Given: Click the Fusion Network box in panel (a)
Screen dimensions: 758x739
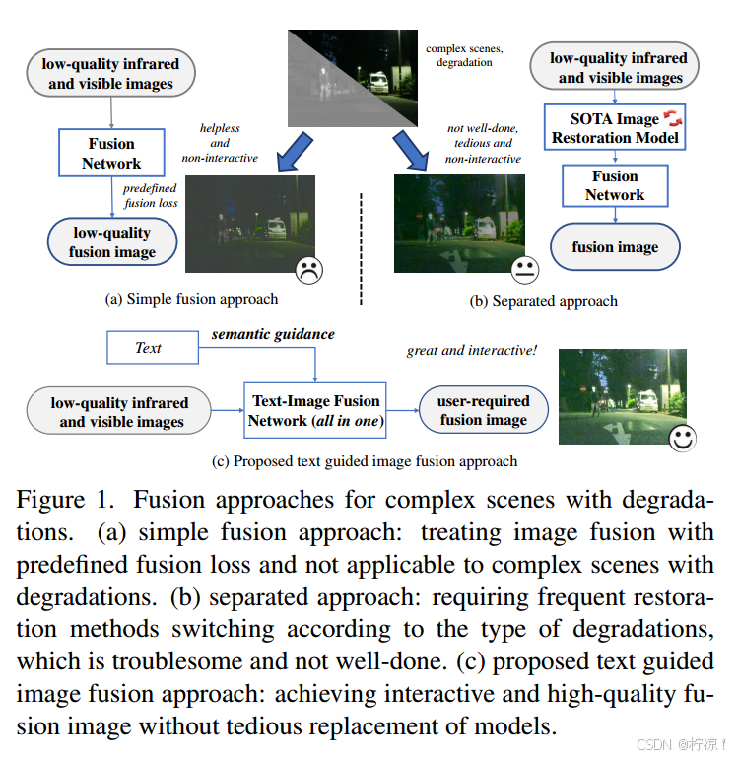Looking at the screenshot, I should (110, 153).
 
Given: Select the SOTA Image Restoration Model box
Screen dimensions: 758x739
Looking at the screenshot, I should (615, 128).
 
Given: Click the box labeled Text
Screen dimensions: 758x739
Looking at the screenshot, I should (148, 348).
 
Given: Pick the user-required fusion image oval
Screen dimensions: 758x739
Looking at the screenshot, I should (484, 410).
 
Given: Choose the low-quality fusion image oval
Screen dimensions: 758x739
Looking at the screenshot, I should (111, 242).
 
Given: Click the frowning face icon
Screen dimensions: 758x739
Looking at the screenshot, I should (309, 268).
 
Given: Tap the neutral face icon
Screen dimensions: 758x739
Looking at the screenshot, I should (525, 268).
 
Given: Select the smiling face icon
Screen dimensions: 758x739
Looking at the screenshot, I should (682, 439).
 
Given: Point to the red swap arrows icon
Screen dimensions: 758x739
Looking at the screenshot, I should (674, 119).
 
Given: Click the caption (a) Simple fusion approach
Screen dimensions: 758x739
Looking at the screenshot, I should (191, 299).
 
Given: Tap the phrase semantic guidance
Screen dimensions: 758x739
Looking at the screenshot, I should (273, 334).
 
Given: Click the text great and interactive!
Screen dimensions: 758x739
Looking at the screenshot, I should (471, 350).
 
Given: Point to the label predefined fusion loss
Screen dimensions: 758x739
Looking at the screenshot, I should (150, 196).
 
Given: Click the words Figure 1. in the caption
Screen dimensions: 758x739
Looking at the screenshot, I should (66, 499).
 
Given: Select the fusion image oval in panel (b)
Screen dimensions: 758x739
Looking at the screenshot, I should (615, 247).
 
